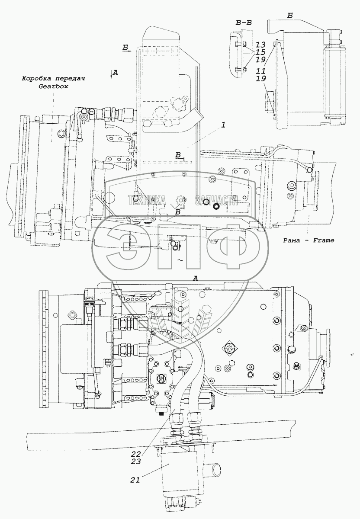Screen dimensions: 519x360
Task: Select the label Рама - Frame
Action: [x=303, y=240]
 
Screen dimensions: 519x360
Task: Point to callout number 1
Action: [x=222, y=125]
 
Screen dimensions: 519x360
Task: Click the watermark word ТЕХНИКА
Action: [x=147, y=199]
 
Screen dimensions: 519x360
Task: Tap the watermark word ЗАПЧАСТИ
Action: [x=217, y=199]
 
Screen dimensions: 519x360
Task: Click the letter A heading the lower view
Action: [x=196, y=279]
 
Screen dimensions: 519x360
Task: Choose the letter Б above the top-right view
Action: [x=290, y=15]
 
